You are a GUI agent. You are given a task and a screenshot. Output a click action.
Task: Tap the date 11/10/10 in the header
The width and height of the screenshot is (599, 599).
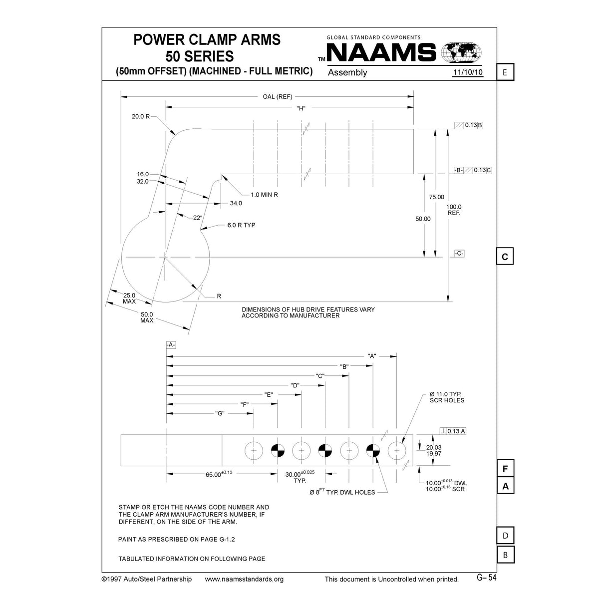pyautogui.click(x=468, y=73)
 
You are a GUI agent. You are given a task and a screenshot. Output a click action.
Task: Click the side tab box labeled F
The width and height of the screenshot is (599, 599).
pyautogui.click(x=505, y=469)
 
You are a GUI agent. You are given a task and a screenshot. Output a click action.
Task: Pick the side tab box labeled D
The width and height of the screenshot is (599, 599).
pyautogui.click(x=505, y=536)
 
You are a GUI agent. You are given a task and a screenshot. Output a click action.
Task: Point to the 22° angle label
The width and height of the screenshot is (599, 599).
pyautogui.click(x=197, y=218)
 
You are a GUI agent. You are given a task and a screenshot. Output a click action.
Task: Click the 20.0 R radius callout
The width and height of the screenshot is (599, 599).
pyautogui.click(x=141, y=116)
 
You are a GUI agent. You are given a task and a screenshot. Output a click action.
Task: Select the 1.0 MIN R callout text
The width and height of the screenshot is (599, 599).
pyautogui.click(x=264, y=195)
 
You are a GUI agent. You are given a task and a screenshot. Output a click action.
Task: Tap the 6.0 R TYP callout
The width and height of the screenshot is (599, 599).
pyautogui.click(x=241, y=225)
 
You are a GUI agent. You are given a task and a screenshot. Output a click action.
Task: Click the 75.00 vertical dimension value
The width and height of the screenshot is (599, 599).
pyautogui.click(x=436, y=197)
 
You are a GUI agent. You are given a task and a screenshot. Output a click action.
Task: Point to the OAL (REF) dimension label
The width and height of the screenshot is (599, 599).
pyautogui.click(x=277, y=97)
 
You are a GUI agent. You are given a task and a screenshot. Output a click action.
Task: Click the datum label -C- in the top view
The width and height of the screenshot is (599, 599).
pyautogui.click(x=459, y=254)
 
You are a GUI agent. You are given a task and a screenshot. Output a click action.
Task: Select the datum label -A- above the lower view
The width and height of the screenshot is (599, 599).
pyautogui.click(x=171, y=345)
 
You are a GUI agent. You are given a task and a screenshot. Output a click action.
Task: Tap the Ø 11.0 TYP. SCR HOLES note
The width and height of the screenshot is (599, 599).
pyautogui.click(x=447, y=397)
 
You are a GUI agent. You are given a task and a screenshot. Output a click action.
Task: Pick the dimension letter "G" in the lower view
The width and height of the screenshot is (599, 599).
pyautogui.click(x=220, y=413)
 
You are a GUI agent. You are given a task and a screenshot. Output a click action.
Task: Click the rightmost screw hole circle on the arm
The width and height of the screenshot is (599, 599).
pyautogui.click(x=397, y=451)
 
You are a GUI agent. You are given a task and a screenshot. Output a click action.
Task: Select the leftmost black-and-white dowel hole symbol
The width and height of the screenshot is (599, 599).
pyautogui.click(x=278, y=451)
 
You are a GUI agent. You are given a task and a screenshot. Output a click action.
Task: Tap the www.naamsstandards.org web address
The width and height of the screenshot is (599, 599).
pyautogui.click(x=245, y=579)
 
